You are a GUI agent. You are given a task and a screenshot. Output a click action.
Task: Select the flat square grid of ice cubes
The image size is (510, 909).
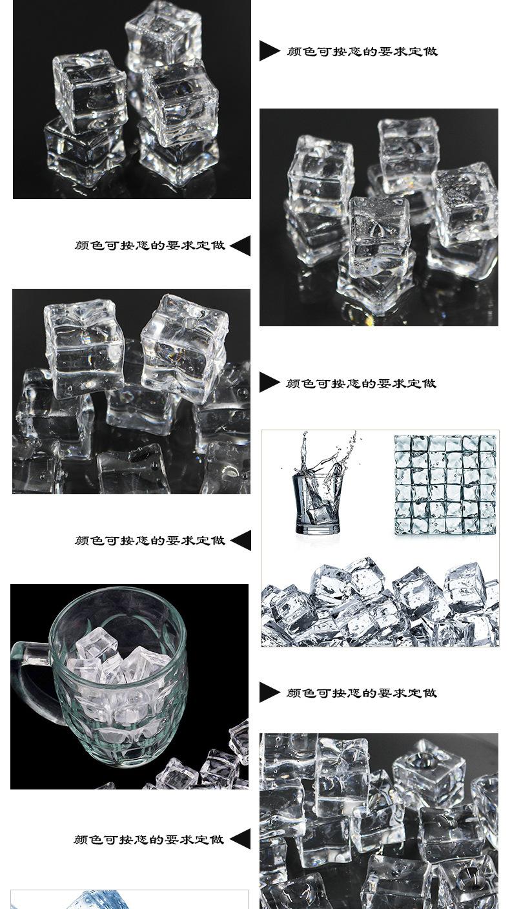pyautogui.click(x=445, y=485)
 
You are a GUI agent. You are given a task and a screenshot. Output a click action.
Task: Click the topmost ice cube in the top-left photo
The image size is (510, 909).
pyautogui.click(x=164, y=34)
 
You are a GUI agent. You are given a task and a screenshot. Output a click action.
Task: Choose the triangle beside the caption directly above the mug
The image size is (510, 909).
pyautogui.click(x=240, y=540)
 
